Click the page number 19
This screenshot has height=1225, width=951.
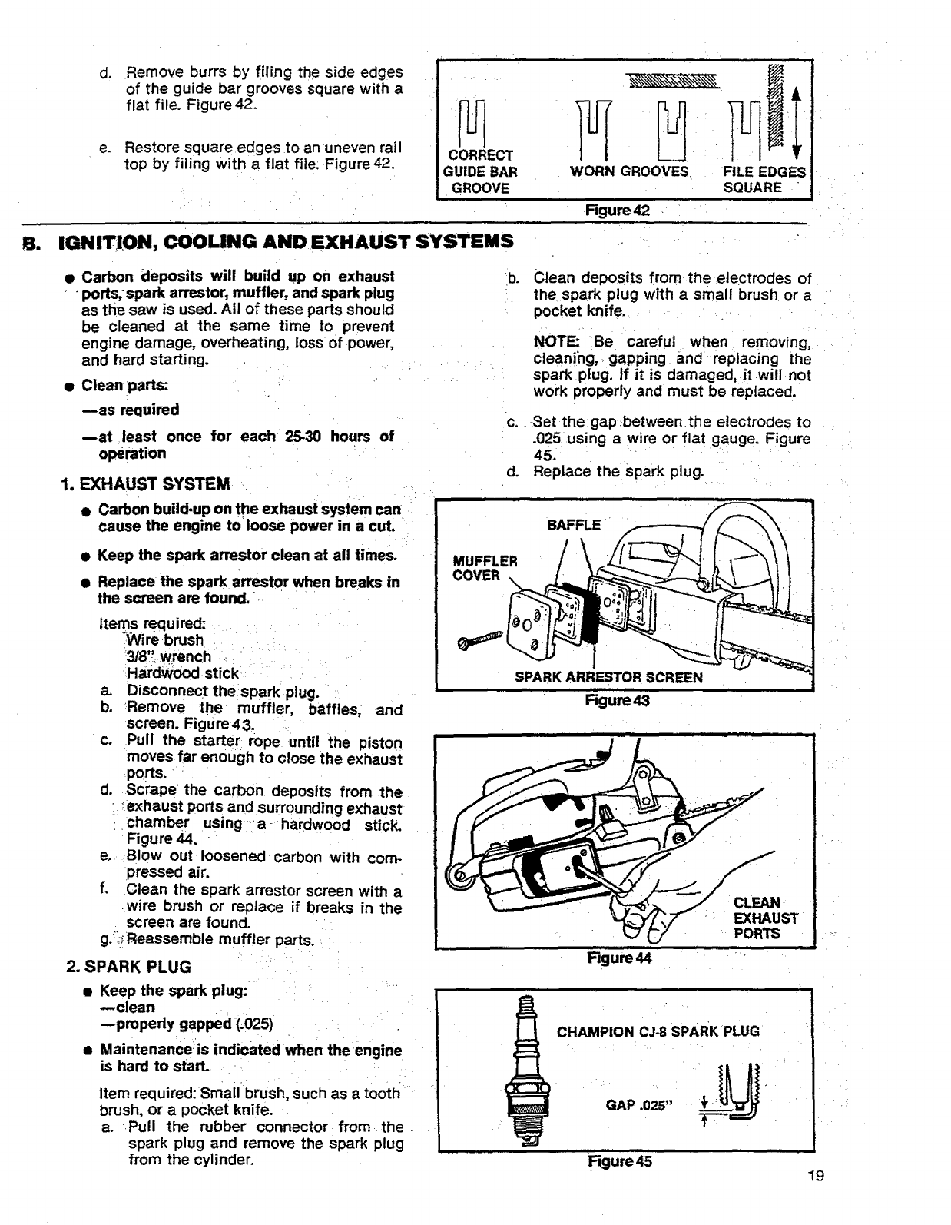click(816, 1175)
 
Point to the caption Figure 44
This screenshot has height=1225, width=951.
click(618, 958)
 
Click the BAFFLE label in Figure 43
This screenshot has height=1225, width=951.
click(573, 526)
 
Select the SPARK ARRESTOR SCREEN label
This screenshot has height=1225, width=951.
click(608, 677)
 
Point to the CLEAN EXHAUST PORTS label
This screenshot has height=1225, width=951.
click(765, 918)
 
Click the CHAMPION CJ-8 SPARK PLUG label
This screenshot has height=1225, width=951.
click(658, 1031)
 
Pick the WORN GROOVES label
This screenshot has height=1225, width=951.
click(629, 171)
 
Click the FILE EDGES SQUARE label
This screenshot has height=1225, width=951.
click(763, 179)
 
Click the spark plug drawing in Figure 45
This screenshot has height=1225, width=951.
click(527, 1070)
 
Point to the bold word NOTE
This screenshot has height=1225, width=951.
click(552, 342)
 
